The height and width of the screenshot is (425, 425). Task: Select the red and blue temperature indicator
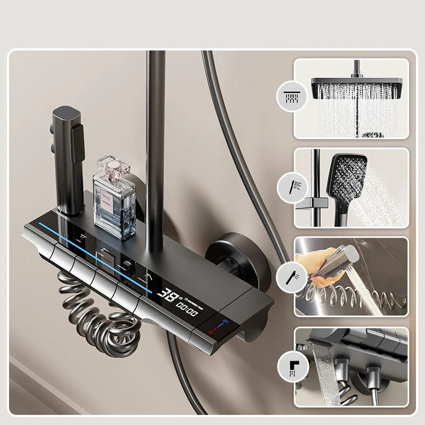click(x=216, y=326)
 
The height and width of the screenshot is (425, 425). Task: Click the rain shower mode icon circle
click(x=291, y=97)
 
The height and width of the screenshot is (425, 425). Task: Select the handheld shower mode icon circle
click(x=291, y=187)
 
